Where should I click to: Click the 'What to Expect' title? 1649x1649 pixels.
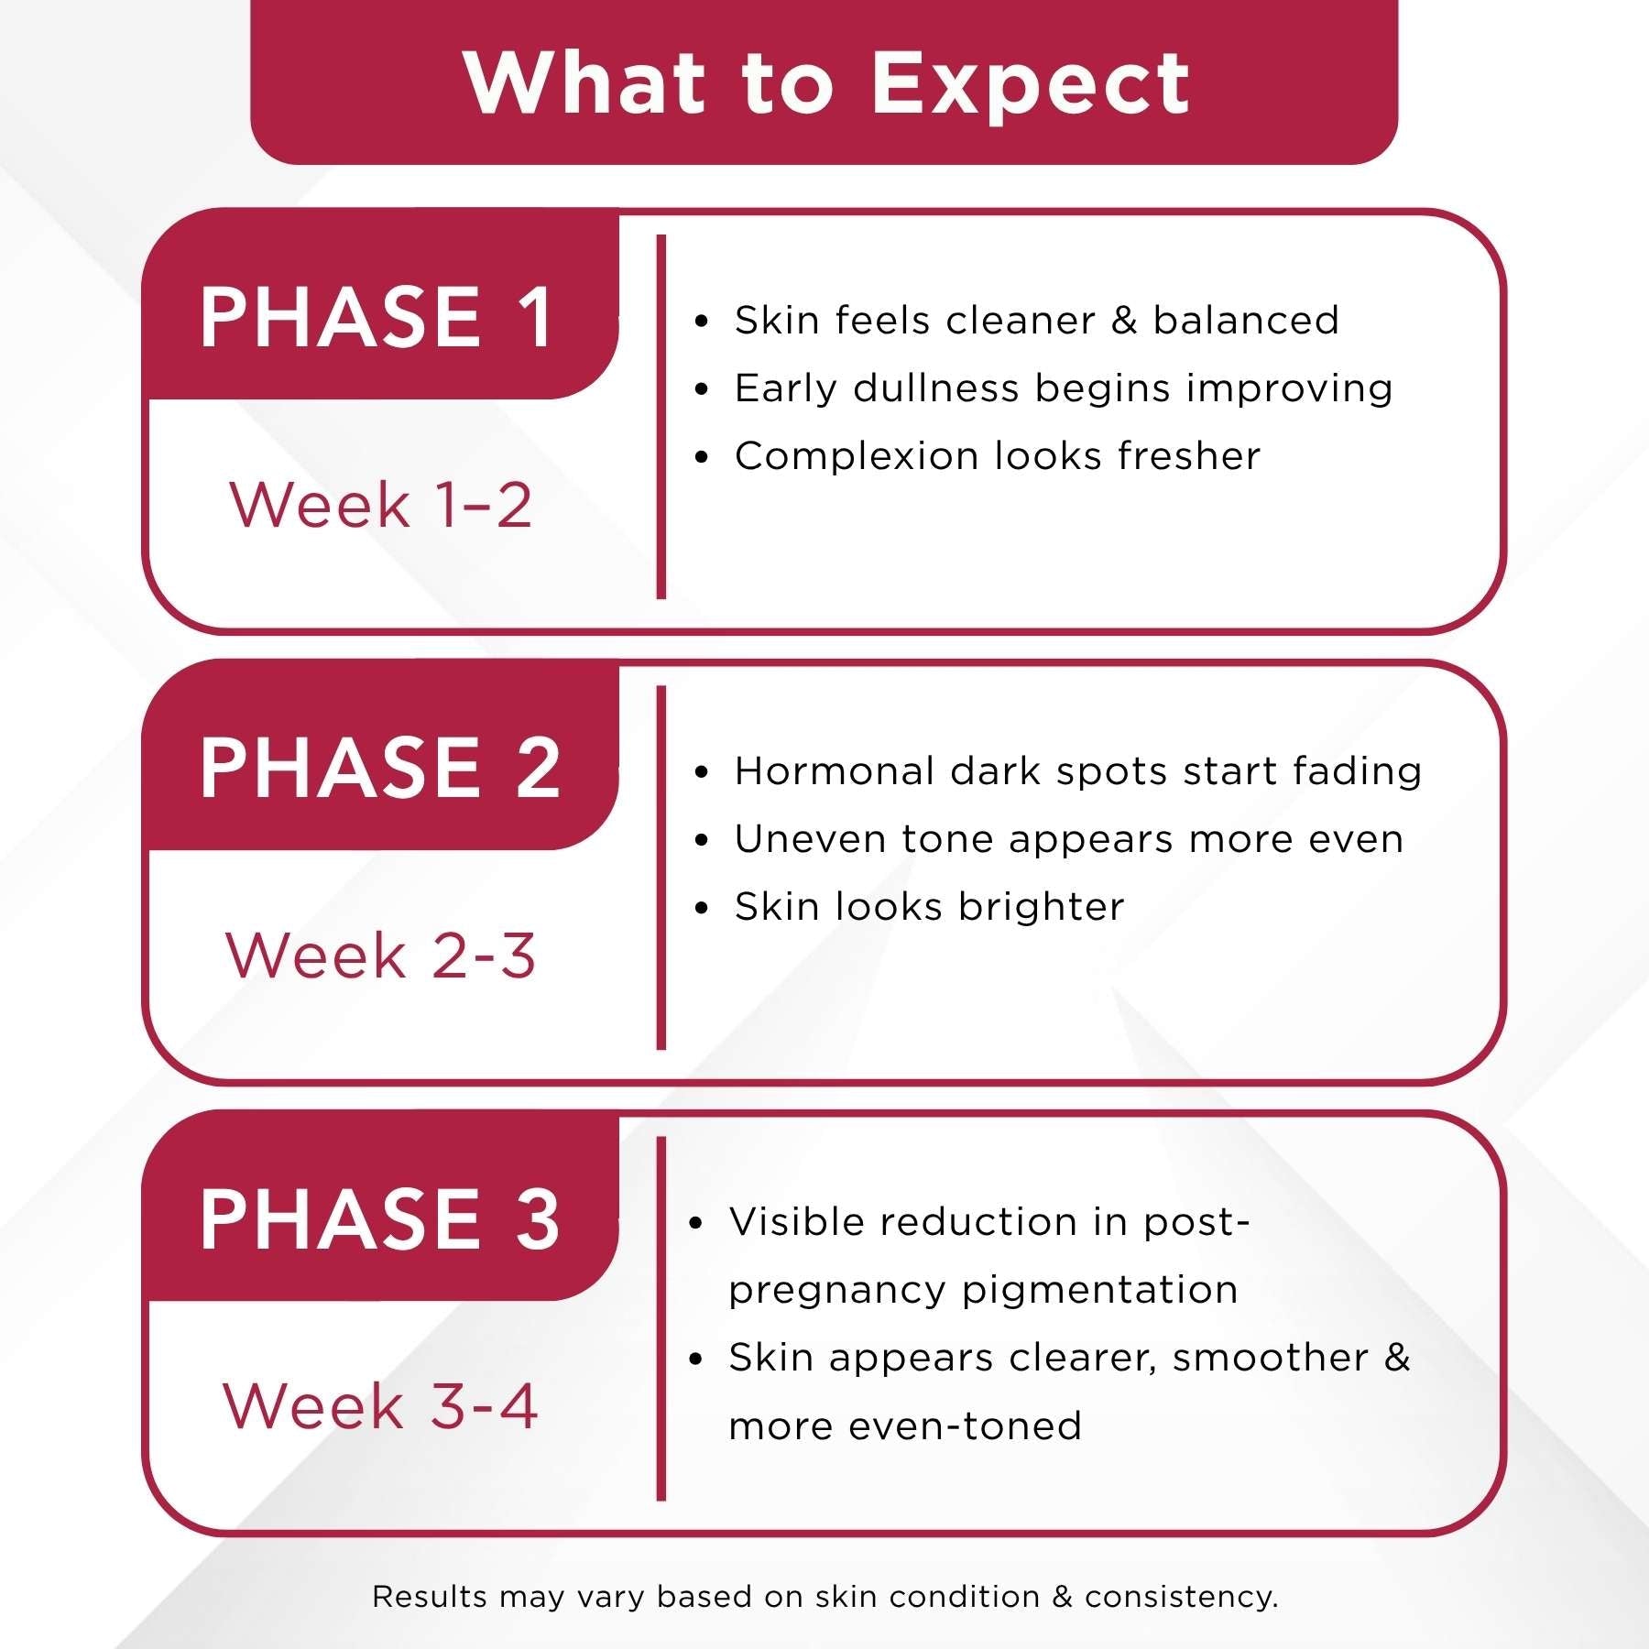(x=826, y=84)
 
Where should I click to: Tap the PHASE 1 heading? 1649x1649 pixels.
(x=377, y=317)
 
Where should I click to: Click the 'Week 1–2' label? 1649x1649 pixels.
(x=380, y=505)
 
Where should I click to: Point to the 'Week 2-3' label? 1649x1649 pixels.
(x=380, y=956)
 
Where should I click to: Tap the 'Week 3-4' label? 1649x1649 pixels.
(x=380, y=1406)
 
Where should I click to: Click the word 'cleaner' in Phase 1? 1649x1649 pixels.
(x=1021, y=321)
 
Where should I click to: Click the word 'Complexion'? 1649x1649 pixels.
(x=857, y=456)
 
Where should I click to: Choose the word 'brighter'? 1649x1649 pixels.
(x=1041, y=907)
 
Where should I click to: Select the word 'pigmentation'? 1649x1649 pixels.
(x=1099, y=1290)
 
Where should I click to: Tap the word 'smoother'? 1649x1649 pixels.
(x=1270, y=1358)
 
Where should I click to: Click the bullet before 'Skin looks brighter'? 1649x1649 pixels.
(x=702, y=909)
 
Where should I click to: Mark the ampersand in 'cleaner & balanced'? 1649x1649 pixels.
(x=1124, y=321)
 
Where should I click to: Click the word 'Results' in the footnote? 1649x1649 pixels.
(x=430, y=1597)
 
